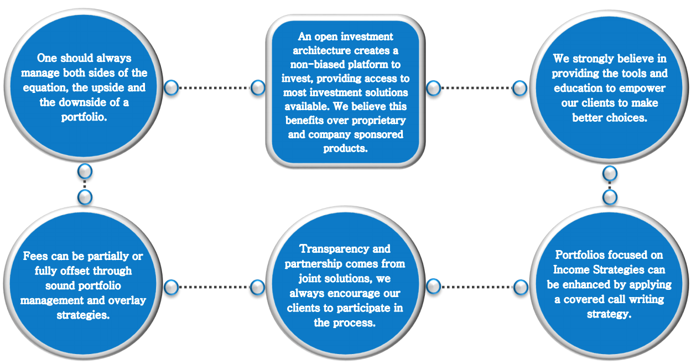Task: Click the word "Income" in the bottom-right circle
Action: pos(570,270)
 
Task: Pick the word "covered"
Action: pos(598,299)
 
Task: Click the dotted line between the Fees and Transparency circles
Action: pos(215,287)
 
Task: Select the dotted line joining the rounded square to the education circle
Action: pos(476,87)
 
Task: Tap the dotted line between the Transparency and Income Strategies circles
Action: pos(476,287)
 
